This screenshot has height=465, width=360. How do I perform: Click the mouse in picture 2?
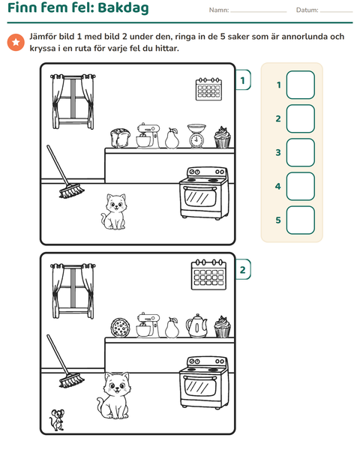(x=57, y=420)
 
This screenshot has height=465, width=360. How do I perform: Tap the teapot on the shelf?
(x=196, y=326)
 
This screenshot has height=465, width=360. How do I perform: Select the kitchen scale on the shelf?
(x=196, y=136)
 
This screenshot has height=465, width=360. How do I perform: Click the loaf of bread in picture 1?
(x=120, y=138)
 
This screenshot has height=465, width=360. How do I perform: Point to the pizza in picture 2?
(x=121, y=328)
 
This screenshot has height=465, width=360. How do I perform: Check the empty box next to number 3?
(x=301, y=152)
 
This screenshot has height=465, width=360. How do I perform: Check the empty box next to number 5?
(x=301, y=220)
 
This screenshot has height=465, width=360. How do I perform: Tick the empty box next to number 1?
(x=301, y=85)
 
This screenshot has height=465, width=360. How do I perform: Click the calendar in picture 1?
(x=208, y=89)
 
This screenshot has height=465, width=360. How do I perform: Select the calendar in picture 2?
(x=208, y=274)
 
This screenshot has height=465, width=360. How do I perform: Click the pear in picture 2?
(x=172, y=328)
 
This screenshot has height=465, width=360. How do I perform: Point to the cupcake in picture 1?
(x=223, y=137)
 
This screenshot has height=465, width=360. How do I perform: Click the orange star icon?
(x=16, y=42)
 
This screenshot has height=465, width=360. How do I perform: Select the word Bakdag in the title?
(x=123, y=7)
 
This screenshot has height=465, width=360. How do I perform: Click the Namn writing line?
(x=259, y=12)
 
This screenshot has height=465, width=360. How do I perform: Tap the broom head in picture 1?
(x=71, y=190)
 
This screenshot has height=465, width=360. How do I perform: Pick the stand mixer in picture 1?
(x=148, y=136)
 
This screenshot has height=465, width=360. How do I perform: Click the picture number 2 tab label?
(x=243, y=269)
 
